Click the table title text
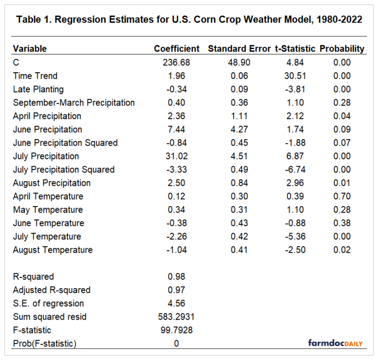point(189,20)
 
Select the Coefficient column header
point(177,49)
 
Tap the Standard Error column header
point(239,49)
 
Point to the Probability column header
point(342,49)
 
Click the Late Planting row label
point(38,89)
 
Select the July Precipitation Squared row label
point(63,170)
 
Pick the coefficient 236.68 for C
point(176,62)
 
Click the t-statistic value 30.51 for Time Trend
point(295,76)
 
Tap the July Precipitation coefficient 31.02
point(176,156)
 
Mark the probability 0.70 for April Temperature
point(342,196)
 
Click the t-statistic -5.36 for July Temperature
point(295,237)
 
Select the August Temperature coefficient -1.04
point(176,250)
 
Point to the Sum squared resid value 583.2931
point(176,317)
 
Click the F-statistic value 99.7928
point(176,330)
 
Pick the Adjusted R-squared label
point(52,290)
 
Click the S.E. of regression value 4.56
point(176,303)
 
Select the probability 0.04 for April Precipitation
point(342,116)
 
